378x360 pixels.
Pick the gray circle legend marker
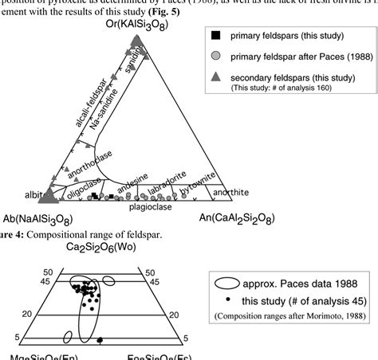click(215, 78)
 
